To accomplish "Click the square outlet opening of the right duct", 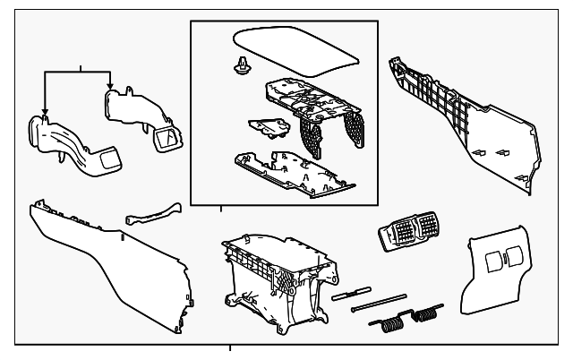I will (166, 136).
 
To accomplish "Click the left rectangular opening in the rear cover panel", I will (493, 262).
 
